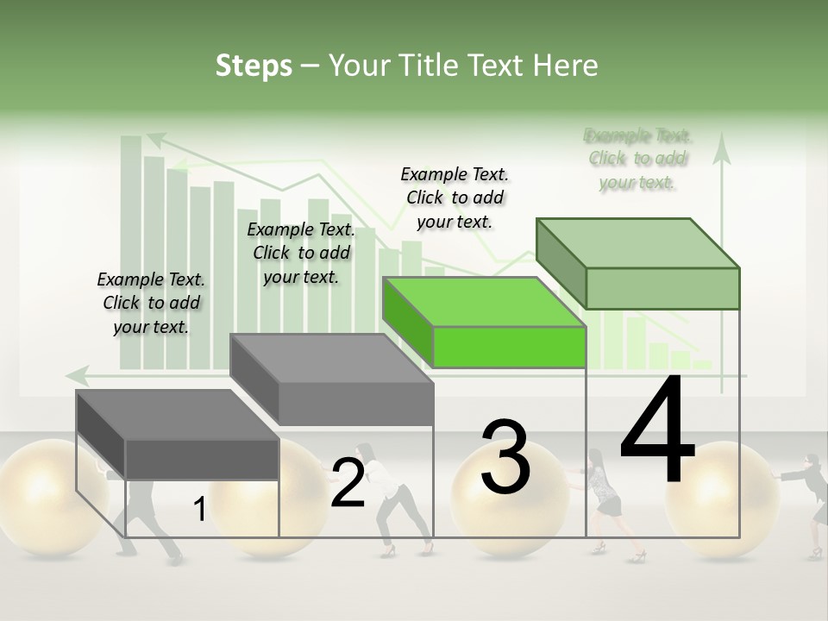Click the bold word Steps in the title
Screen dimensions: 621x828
[254, 66]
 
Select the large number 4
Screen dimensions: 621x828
[657, 431]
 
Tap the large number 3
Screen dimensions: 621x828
[505, 457]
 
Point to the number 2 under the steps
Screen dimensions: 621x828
[348, 483]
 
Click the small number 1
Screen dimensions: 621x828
[199, 510]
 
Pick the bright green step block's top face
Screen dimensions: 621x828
[483, 302]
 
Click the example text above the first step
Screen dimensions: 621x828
[151, 303]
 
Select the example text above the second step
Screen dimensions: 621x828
[301, 253]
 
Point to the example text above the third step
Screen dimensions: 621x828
[455, 198]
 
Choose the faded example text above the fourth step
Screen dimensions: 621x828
[638, 159]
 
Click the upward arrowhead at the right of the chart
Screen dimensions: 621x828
[722, 153]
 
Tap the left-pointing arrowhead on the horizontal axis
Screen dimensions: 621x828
[77, 374]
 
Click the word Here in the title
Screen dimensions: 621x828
[567, 66]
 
